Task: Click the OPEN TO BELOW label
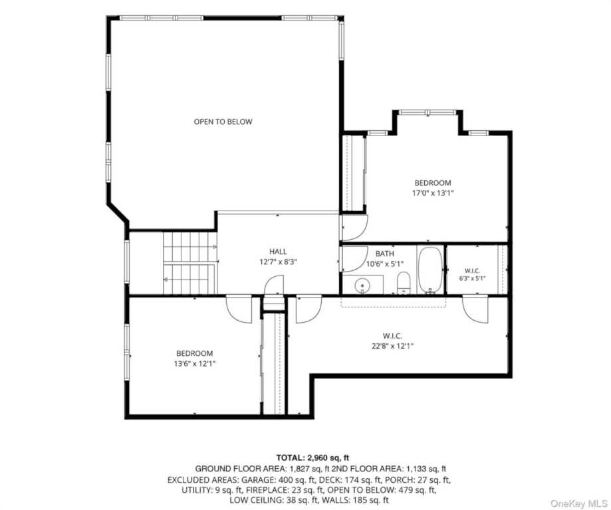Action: (223, 122)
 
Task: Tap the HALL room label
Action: (278, 252)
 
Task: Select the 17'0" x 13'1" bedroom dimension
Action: (433, 193)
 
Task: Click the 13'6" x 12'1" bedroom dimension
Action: (194, 364)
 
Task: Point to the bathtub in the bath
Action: (430, 270)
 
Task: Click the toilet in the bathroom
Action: (404, 283)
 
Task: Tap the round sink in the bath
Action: (362, 286)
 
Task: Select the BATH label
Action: (384, 254)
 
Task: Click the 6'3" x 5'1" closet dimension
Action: (472, 278)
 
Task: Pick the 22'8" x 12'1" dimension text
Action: (392, 346)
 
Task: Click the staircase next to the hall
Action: (189, 263)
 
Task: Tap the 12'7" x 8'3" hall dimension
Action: (278, 262)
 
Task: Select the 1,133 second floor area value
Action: (416, 469)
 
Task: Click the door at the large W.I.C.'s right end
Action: (475, 309)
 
